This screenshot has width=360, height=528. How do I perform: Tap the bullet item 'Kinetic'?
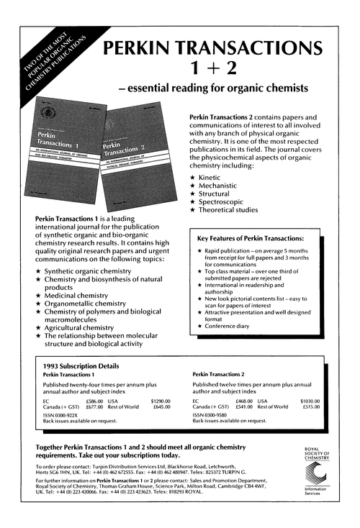pyautogui.click(x=215, y=177)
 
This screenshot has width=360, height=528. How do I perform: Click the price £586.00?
pyautogui.click(x=94, y=400)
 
